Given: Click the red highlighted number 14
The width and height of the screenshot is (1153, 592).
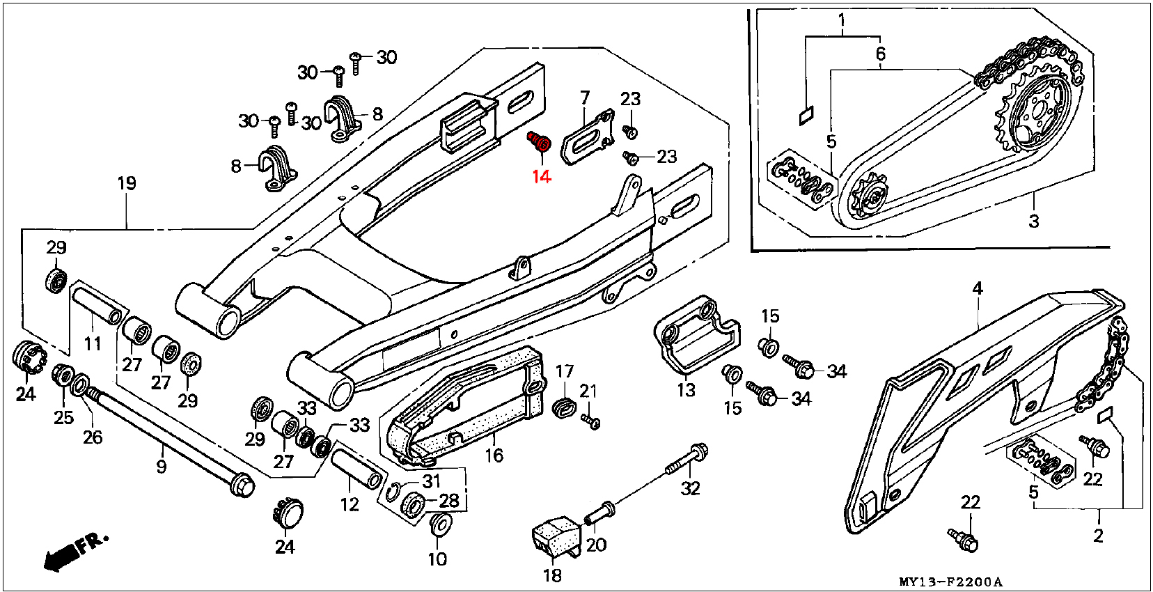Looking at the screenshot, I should coord(541,176).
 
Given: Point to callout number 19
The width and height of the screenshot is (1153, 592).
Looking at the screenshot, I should coord(127,183).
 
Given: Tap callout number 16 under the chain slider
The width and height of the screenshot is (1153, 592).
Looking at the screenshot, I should coord(494,455).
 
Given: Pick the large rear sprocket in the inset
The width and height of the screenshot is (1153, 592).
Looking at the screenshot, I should coord(1037,111).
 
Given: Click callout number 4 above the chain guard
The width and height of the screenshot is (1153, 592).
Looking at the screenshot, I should coord(978,288).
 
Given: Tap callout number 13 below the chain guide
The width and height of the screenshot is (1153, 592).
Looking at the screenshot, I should coord(686,389).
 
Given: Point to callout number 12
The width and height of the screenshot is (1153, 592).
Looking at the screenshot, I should coord(350,504).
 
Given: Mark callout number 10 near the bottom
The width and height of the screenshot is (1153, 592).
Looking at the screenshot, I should coord(437,559).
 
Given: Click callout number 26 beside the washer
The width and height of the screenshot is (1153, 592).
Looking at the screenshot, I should coord(93,437).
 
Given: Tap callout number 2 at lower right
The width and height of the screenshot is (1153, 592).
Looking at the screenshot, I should coord(1098,536).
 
